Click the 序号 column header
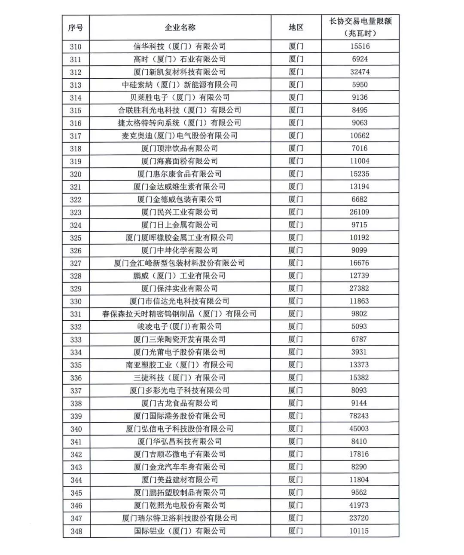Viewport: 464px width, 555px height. click(76, 28)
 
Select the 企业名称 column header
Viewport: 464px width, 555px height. click(180, 28)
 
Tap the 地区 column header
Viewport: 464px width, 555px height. click(296, 28)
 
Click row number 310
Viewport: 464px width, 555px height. click(76, 46)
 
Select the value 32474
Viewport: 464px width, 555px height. click(360, 72)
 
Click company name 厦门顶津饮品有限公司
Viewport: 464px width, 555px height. click(180, 148)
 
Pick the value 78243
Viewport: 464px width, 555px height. click(359, 416)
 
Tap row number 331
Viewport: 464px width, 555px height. click(76, 314)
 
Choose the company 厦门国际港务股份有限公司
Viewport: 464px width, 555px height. click(180, 416)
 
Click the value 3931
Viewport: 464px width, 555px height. click(359, 352)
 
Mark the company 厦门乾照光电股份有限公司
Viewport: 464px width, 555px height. click(180, 505)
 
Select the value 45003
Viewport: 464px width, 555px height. click(359, 429)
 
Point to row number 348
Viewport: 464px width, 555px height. click(76, 531)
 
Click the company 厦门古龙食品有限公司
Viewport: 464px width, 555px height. click(180, 403)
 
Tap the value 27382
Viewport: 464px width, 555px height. click(359, 288)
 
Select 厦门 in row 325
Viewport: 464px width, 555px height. click(296, 237)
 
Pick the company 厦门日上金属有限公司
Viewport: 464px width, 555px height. click(180, 225)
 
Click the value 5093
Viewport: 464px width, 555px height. click(359, 327)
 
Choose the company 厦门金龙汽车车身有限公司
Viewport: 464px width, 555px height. click(180, 467)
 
